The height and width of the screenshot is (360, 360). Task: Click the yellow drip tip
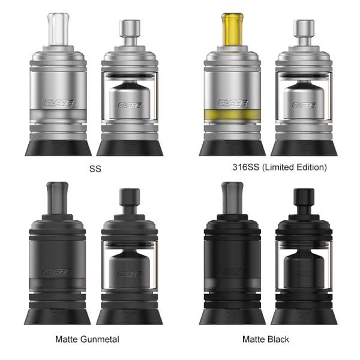click(x=233, y=28)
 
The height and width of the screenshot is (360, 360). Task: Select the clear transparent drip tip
click(x=58, y=28)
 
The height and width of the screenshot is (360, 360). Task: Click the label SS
click(x=94, y=169)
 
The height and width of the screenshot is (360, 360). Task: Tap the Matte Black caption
click(x=265, y=340)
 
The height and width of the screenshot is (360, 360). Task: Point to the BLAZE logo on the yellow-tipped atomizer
click(x=233, y=103)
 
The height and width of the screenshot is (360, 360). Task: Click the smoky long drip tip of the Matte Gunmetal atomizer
click(x=58, y=200)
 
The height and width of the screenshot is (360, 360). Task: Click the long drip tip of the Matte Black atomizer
click(x=233, y=200)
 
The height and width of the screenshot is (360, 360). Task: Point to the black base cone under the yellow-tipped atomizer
click(x=233, y=146)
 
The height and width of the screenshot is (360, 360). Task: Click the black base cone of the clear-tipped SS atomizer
click(x=58, y=146)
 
